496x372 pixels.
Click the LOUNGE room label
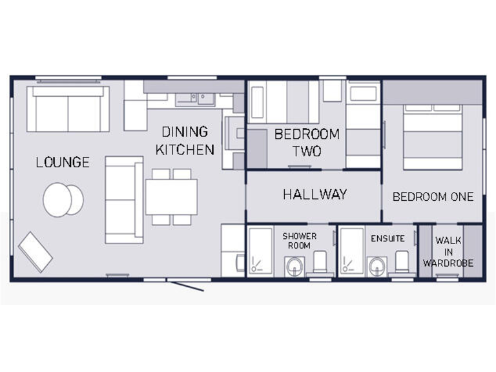(63, 162)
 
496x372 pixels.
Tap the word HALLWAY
(315, 194)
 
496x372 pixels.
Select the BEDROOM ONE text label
(433, 197)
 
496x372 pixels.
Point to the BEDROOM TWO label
(307, 143)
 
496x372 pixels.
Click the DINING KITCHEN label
(185, 141)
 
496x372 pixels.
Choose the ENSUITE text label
(387, 238)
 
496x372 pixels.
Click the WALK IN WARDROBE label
(448, 252)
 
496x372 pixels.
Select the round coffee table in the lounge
(63, 200)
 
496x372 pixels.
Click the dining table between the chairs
(171, 197)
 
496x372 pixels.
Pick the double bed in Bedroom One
(433, 136)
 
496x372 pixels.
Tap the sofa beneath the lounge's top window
(68, 108)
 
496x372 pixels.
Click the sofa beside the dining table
(123, 200)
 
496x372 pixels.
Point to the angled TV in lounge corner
(35, 251)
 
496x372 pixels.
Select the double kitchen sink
(196, 98)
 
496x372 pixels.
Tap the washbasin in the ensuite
(377, 265)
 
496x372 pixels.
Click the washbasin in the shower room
(295, 265)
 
